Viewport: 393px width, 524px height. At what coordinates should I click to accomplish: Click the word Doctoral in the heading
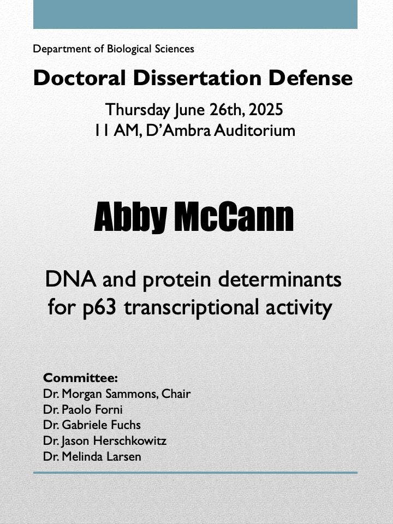(80, 78)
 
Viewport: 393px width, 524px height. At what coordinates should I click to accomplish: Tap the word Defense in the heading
(311, 78)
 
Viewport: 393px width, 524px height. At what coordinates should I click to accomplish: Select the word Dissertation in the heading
(197, 78)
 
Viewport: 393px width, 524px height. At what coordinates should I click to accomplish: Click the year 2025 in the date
(266, 110)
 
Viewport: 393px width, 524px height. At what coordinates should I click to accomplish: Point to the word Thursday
(138, 110)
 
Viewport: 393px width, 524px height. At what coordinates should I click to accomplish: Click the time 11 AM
(116, 130)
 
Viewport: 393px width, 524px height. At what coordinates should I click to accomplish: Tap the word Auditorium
(255, 130)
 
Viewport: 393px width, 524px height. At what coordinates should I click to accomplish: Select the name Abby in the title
(130, 217)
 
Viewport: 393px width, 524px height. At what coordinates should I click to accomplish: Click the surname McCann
(234, 217)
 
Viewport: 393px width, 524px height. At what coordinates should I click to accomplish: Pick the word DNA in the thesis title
(71, 279)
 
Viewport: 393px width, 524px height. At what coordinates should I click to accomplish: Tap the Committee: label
(81, 378)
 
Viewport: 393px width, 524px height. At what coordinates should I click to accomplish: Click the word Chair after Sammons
(176, 394)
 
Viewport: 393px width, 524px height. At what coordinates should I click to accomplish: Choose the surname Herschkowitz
(130, 441)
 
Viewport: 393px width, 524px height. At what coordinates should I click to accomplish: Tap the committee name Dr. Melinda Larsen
(92, 456)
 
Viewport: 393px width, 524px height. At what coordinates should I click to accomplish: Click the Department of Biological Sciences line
(114, 49)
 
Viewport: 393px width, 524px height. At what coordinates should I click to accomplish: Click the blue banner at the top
(195, 14)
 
